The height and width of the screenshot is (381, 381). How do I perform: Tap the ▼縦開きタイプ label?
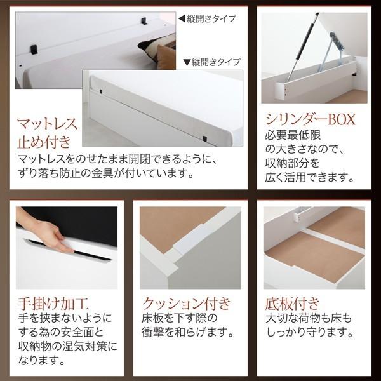[x=212, y=62]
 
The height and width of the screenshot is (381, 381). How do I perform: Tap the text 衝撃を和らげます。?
[x=184, y=331]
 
